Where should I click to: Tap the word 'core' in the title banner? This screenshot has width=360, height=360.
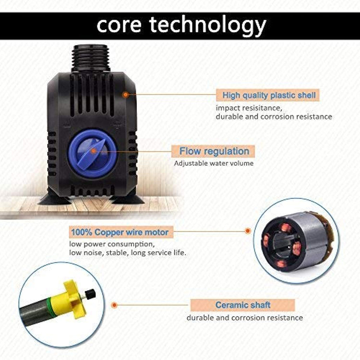pyautogui.click(x=119, y=25)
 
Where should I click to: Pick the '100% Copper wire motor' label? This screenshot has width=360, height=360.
pyautogui.click(x=121, y=232)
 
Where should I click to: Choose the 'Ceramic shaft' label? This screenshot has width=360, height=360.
pyautogui.click(x=243, y=305)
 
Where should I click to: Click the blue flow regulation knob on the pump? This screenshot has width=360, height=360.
pyautogui.click(x=93, y=153)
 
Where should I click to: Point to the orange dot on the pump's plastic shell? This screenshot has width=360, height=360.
pyautogui.click(x=126, y=95)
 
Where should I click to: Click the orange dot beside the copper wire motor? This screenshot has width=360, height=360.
pyautogui.click(x=247, y=231)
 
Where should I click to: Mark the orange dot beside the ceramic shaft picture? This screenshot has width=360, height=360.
pyautogui.click(x=114, y=305)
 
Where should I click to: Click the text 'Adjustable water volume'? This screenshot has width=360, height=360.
pyautogui.click(x=214, y=163)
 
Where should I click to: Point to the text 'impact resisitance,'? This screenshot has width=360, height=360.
pyautogui.click(x=249, y=108)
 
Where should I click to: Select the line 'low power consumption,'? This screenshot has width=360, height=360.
pyautogui.click(x=112, y=244)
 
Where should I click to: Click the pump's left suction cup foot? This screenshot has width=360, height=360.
pyautogui.click(x=54, y=198)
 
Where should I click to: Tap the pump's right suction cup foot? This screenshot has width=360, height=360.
pyautogui.click(x=128, y=198)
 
